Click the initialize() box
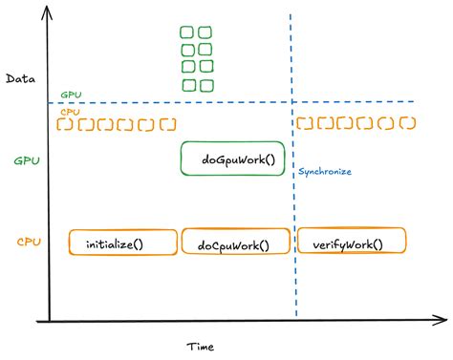tap(123, 243)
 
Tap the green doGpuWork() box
tap(235, 159)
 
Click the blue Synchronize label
tap(324, 172)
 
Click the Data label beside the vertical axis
tap(21, 78)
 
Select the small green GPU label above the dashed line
tap(71, 95)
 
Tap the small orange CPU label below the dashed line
tap(70, 112)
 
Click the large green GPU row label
tap(28, 161)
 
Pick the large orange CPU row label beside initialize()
tap(28, 243)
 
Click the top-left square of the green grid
tap(188, 32)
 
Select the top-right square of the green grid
tap(205, 32)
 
